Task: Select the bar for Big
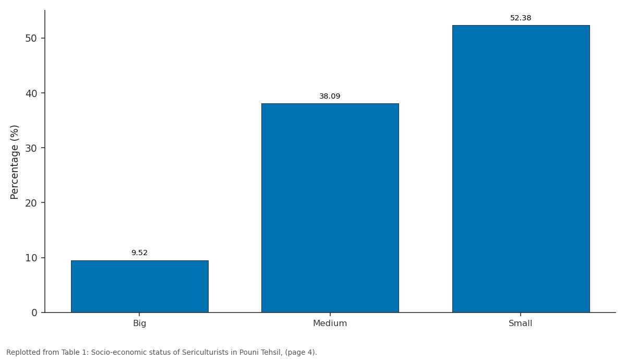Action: click(x=140, y=286)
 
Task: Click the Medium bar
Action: click(x=330, y=208)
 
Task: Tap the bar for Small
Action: click(x=521, y=169)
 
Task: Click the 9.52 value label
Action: click(x=139, y=253)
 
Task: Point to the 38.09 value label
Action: click(x=330, y=96)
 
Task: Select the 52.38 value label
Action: click(x=521, y=18)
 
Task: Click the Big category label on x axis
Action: click(x=139, y=323)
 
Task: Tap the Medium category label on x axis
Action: click(x=330, y=323)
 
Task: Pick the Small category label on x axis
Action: click(x=521, y=323)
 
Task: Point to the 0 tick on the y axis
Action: click(x=34, y=313)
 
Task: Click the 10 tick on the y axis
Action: click(x=31, y=258)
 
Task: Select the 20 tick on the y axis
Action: click(x=31, y=203)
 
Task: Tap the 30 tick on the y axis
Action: click(x=31, y=148)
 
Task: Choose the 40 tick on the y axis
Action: click(x=31, y=93)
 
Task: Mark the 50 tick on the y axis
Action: click(x=31, y=38)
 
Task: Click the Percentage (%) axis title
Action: click(x=14, y=162)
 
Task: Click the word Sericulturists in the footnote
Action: click(x=205, y=353)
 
